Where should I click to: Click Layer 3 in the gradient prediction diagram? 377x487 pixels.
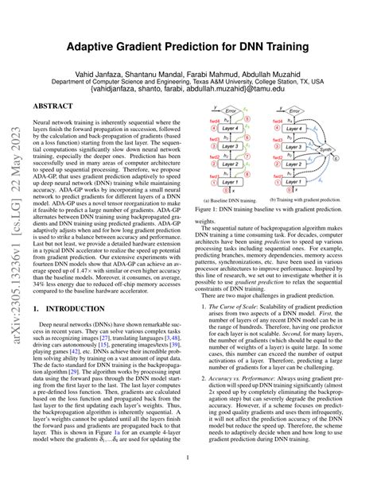pos(297,145)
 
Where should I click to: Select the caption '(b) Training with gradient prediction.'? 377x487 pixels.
pos(303,200)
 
